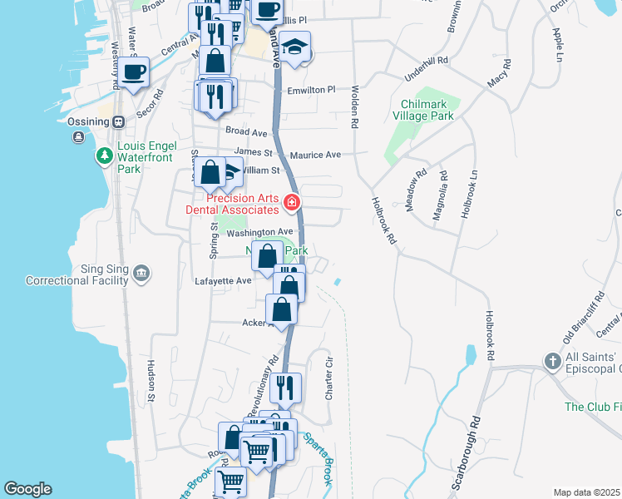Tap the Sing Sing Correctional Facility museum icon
tap(141, 273)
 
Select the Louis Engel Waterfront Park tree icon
tap(104, 155)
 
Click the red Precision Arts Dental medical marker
tap(291, 202)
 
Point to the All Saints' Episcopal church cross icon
tap(551, 361)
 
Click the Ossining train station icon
tap(119, 121)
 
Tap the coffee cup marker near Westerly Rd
tap(133, 72)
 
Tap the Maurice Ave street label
tap(315, 155)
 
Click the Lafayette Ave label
tap(222, 281)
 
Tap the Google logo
tap(27, 489)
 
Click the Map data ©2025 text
tap(586, 492)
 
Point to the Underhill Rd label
tap(426, 61)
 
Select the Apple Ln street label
tap(558, 45)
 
